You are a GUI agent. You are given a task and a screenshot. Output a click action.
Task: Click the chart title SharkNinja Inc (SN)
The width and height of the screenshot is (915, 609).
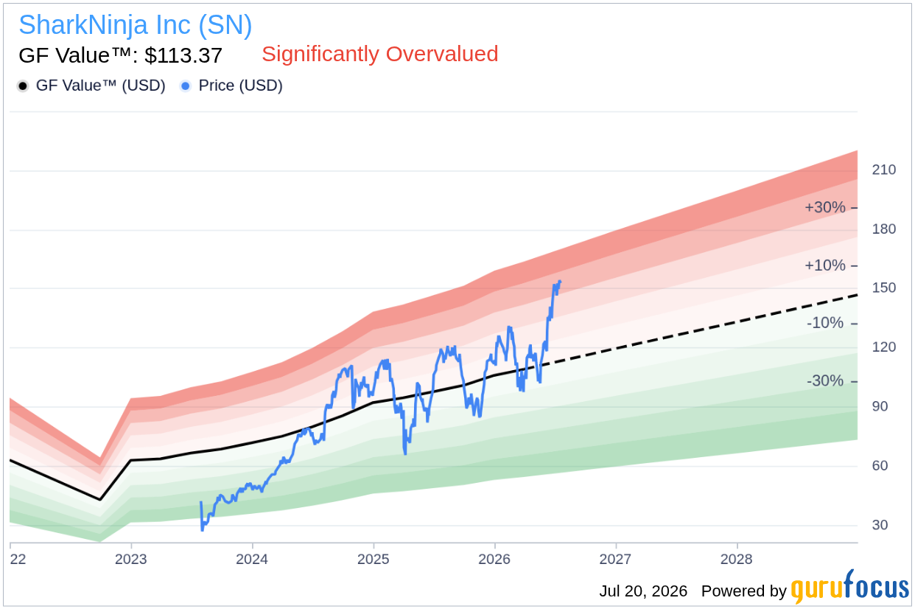pyautogui.click(x=136, y=25)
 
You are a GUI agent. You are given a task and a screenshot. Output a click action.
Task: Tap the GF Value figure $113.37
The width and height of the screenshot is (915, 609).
pyautogui.click(x=183, y=55)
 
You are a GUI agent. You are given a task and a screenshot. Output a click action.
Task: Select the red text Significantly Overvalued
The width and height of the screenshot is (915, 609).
pyautogui.click(x=380, y=54)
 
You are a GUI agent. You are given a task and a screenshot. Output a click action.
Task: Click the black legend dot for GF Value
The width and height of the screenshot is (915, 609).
pyautogui.click(x=23, y=86)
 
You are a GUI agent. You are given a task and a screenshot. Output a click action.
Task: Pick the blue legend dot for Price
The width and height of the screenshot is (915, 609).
pyautogui.click(x=186, y=86)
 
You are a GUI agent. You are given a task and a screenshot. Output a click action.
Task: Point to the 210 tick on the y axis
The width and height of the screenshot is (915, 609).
pyautogui.click(x=884, y=170)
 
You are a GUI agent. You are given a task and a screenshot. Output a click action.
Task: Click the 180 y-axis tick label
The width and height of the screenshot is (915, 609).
pyautogui.click(x=884, y=229)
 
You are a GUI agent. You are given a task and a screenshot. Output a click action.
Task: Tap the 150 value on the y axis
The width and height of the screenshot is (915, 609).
pyautogui.click(x=884, y=288)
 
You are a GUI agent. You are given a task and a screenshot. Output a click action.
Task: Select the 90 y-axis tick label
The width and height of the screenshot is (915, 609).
pyautogui.click(x=880, y=406)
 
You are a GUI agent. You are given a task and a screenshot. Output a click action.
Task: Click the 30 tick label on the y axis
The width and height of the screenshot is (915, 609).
pyautogui.click(x=880, y=525)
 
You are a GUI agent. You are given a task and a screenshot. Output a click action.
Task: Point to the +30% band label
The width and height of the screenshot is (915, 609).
pyautogui.click(x=825, y=208)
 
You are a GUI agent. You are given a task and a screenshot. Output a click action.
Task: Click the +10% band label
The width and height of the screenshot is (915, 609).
pyautogui.click(x=825, y=265)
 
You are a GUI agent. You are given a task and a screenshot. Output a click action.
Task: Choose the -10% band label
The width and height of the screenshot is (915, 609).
pyautogui.click(x=825, y=324)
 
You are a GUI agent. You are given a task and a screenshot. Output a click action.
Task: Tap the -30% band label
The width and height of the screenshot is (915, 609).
pyautogui.click(x=825, y=381)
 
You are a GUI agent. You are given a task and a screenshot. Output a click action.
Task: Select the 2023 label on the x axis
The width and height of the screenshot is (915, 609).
pyautogui.click(x=130, y=559)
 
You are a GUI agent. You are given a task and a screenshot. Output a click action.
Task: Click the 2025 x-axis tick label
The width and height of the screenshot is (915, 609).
pyautogui.click(x=374, y=559)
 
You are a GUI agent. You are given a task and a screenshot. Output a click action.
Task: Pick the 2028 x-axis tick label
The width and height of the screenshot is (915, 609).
pyautogui.click(x=737, y=559)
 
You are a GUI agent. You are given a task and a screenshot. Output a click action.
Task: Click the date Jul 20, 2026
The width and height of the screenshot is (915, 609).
pyautogui.click(x=643, y=591)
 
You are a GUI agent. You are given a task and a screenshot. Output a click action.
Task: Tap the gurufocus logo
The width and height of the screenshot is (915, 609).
pyautogui.click(x=850, y=587)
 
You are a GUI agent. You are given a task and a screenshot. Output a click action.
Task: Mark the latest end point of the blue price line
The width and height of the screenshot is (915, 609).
pyautogui.click(x=560, y=281)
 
